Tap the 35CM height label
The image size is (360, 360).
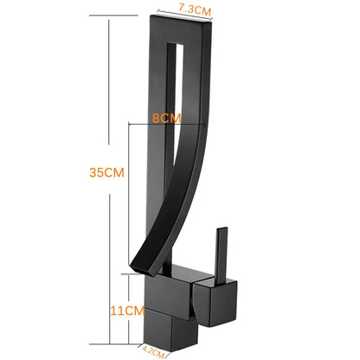pyautogui.click(x=107, y=172)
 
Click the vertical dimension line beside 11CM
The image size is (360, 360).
pyautogui.click(x=129, y=307)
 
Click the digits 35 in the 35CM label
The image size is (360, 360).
pyautogui.click(x=98, y=172)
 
